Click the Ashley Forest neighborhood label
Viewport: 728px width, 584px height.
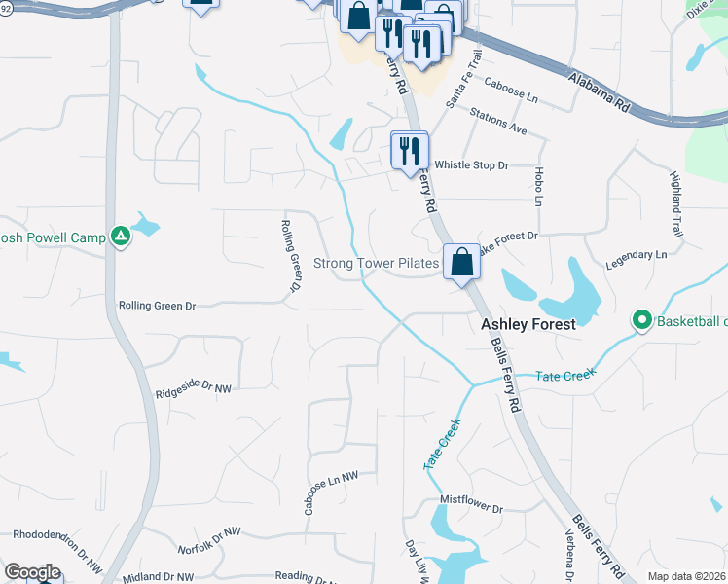point(529,324)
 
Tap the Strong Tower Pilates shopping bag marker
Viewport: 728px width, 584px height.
point(461,262)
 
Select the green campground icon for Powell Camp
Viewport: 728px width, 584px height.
point(121,236)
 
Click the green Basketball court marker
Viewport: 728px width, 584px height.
point(641,320)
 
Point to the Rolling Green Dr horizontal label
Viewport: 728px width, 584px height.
point(158,306)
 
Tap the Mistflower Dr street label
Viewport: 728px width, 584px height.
point(471,509)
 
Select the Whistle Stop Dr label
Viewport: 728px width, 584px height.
point(471,165)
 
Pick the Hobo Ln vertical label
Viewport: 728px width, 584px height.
point(538,186)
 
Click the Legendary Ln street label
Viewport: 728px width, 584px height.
point(636,254)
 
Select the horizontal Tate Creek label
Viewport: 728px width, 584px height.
point(564,374)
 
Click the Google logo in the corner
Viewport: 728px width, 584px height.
point(32,572)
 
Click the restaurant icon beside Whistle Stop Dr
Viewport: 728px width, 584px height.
point(408,150)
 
